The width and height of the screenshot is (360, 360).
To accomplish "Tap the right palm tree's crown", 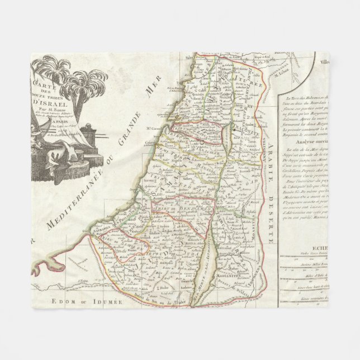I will [x=84, y=82].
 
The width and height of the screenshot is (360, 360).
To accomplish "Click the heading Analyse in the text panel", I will [x=300, y=157].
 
